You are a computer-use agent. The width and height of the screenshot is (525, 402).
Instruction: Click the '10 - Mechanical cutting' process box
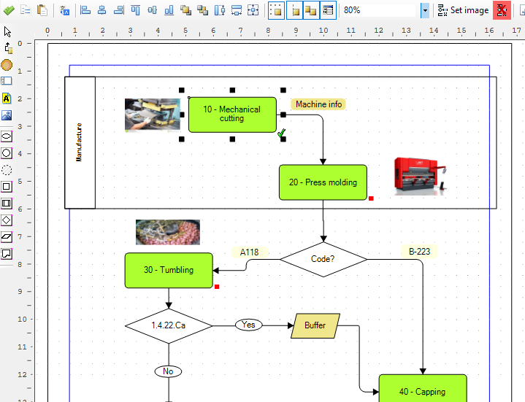232,115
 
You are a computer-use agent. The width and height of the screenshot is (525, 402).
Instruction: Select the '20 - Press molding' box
323,182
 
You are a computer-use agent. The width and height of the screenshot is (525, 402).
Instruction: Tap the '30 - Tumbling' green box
169,270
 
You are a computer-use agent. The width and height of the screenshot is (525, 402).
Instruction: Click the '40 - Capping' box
423,389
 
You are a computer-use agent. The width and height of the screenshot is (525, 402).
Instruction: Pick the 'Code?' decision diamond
323,259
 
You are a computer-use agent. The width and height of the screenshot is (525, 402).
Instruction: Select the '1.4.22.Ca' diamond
169,325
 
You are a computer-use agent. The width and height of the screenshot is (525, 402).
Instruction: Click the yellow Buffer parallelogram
315,325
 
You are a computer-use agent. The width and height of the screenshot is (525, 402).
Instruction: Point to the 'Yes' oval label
248,325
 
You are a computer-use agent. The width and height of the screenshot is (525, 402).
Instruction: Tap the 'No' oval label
168,371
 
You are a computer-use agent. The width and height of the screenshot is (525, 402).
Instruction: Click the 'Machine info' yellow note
318,104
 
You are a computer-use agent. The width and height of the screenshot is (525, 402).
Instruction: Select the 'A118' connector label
250,252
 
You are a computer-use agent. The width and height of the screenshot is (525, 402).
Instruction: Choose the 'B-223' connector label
419,252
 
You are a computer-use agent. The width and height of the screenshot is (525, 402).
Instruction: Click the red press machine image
421,176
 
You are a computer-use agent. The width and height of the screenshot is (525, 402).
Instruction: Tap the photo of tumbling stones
168,232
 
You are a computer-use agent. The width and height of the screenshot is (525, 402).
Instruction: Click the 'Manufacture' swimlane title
79,142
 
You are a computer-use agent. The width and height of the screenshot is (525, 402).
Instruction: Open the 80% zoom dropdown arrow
425,10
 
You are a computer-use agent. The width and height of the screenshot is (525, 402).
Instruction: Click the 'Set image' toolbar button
463,10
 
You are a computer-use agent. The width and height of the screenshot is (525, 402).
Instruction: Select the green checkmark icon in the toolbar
9,10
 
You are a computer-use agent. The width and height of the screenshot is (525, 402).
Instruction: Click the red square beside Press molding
371,198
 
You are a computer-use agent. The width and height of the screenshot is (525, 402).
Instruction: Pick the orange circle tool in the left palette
7,65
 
